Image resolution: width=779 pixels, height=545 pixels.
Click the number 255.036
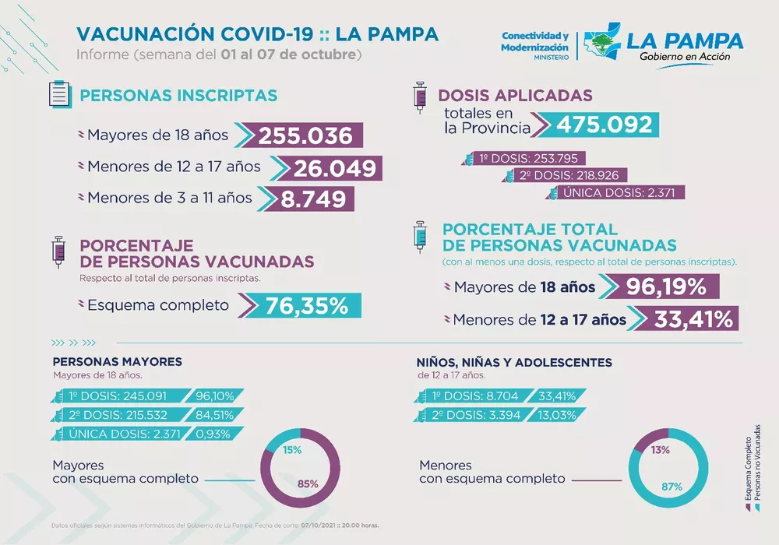click(x=305, y=135)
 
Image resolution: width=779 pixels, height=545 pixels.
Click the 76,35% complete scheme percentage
click(x=306, y=305)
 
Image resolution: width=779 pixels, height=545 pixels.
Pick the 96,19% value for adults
click(x=665, y=287)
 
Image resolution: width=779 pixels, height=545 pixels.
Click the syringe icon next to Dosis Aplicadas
click(x=421, y=99)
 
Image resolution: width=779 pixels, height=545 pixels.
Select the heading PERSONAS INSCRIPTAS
click(x=178, y=96)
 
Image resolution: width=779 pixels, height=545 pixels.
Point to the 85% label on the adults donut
click(x=308, y=484)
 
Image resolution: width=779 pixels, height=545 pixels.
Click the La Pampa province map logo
click(x=602, y=46)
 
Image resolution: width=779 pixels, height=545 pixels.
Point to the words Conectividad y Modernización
click(x=534, y=42)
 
